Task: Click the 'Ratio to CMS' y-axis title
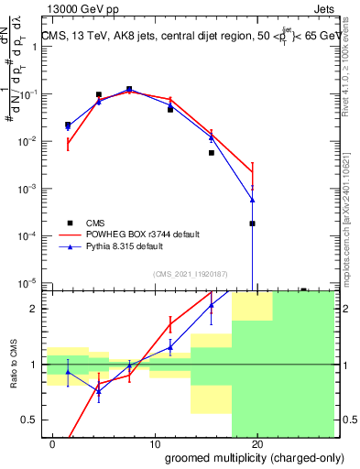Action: (x=14, y=364)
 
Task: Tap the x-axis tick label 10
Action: (x=155, y=444)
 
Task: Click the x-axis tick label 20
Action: (x=257, y=444)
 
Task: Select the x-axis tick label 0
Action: (x=53, y=444)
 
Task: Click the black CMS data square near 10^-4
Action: (x=252, y=224)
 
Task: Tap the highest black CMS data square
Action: (x=129, y=90)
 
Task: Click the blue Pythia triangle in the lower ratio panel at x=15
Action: (x=212, y=306)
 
